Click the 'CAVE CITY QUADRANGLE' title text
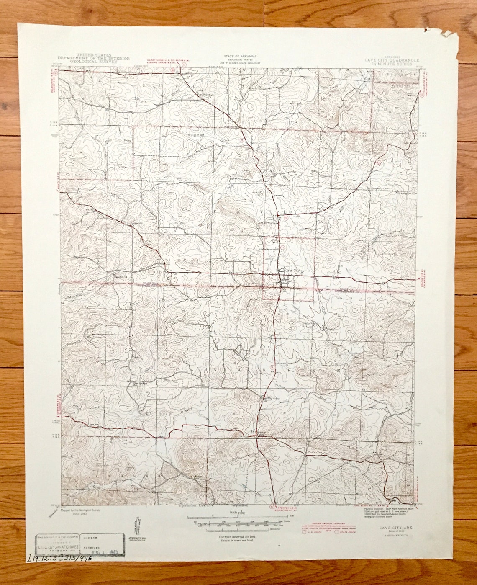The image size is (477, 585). (391, 60)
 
